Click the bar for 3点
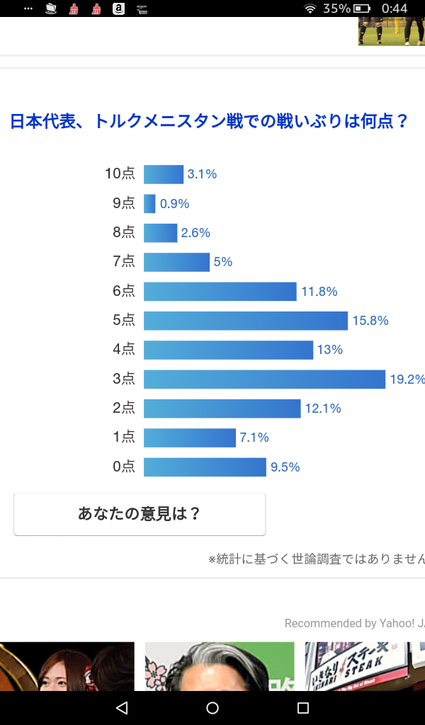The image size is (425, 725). click(264, 379)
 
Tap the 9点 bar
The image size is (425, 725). click(149, 204)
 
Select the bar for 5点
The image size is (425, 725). click(246, 321)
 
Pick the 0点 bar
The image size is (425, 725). click(205, 467)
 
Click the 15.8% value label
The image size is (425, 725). click(370, 321)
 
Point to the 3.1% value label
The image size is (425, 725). click(202, 174)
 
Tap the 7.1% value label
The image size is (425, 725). click(254, 438)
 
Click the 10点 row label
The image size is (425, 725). click(120, 174)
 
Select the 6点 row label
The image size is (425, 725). click(123, 291)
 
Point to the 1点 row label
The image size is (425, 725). click(123, 438)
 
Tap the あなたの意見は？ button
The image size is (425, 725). click(140, 514)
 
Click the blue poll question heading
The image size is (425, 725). click(209, 121)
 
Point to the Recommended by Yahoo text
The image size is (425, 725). click(354, 624)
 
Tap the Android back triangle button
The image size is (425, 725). click(122, 708)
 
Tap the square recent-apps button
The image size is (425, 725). click(303, 708)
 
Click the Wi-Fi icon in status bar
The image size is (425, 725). click(310, 8)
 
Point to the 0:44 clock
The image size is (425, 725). click(394, 8)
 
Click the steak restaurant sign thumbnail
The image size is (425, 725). click(365, 666)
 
